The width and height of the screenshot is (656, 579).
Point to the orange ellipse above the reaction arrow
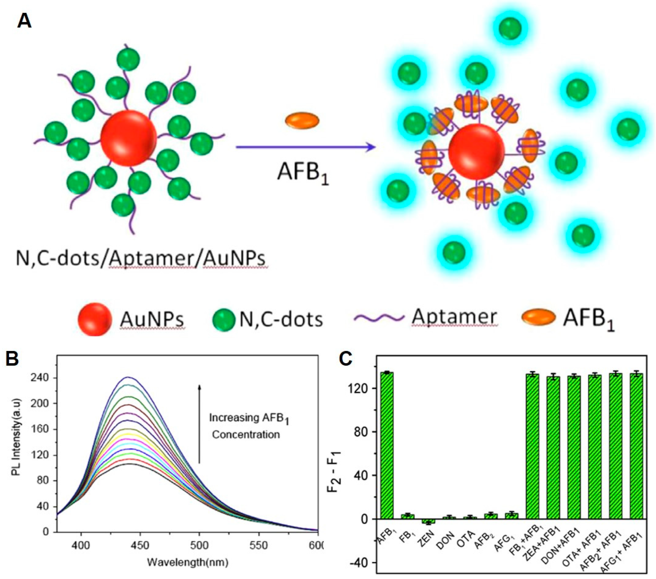coord(302,120)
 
